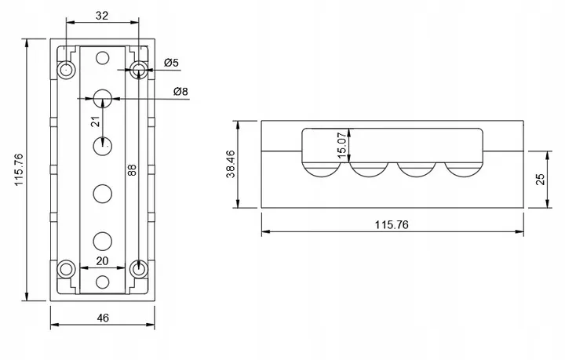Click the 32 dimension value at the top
103,15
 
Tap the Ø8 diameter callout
180,92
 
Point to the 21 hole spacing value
95,122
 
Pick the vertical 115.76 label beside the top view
17,169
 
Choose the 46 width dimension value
103,318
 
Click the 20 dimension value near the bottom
102,261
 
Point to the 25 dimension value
540,180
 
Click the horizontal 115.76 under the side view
392,224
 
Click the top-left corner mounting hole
67,71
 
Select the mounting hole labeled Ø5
139,71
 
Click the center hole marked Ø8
103,99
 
